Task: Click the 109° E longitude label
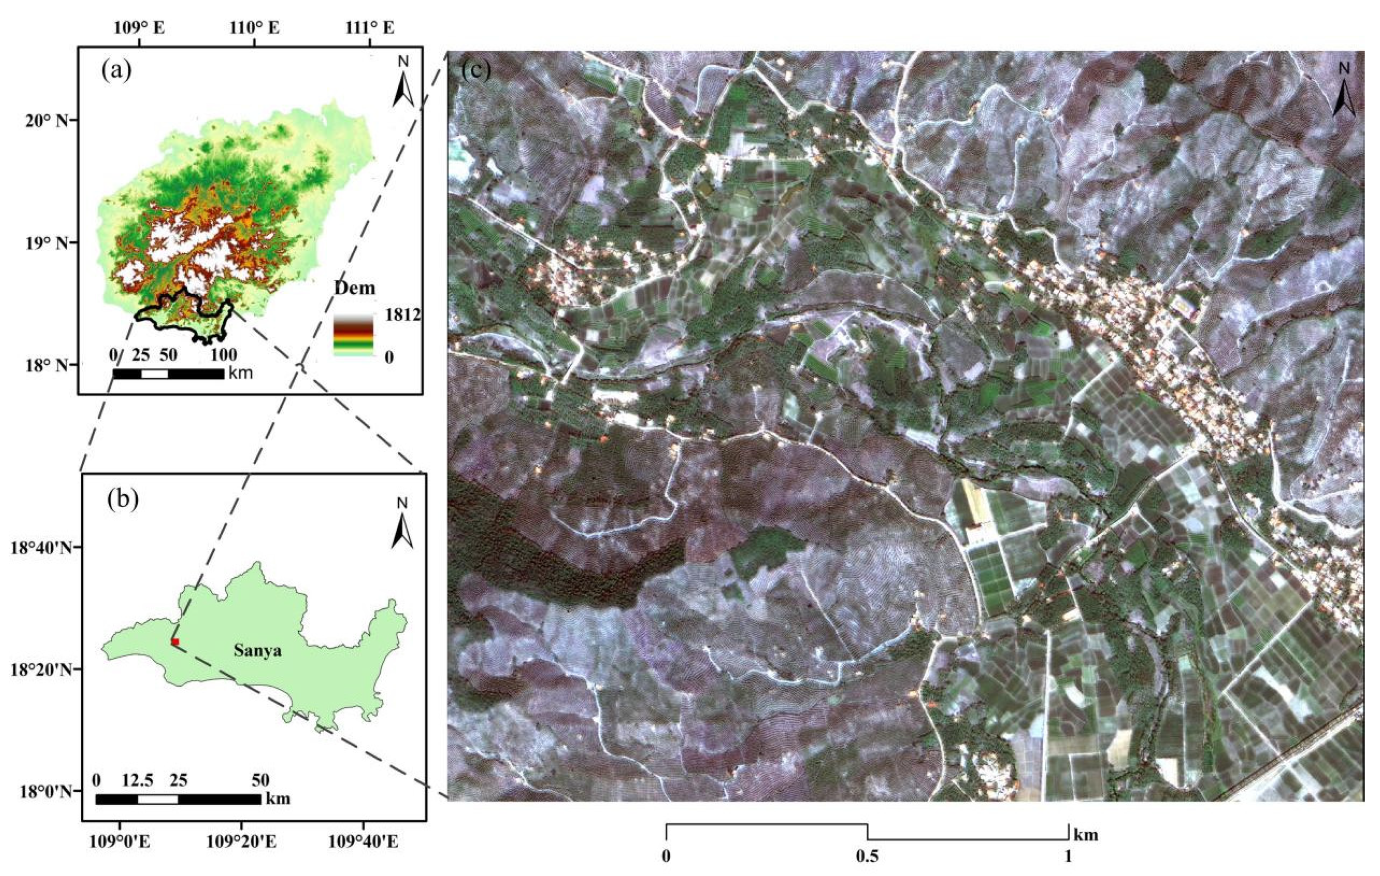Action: pyautogui.click(x=140, y=27)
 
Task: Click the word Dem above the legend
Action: pyautogui.click(x=355, y=288)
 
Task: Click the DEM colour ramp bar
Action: pyautogui.click(x=353, y=335)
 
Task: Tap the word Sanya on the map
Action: pyautogui.click(x=257, y=651)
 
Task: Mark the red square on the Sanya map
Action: pyautogui.click(x=175, y=641)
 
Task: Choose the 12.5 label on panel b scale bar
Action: pyautogui.click(x=137, y=780)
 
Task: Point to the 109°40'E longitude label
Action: pyautogui.click(x=363, y=842)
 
